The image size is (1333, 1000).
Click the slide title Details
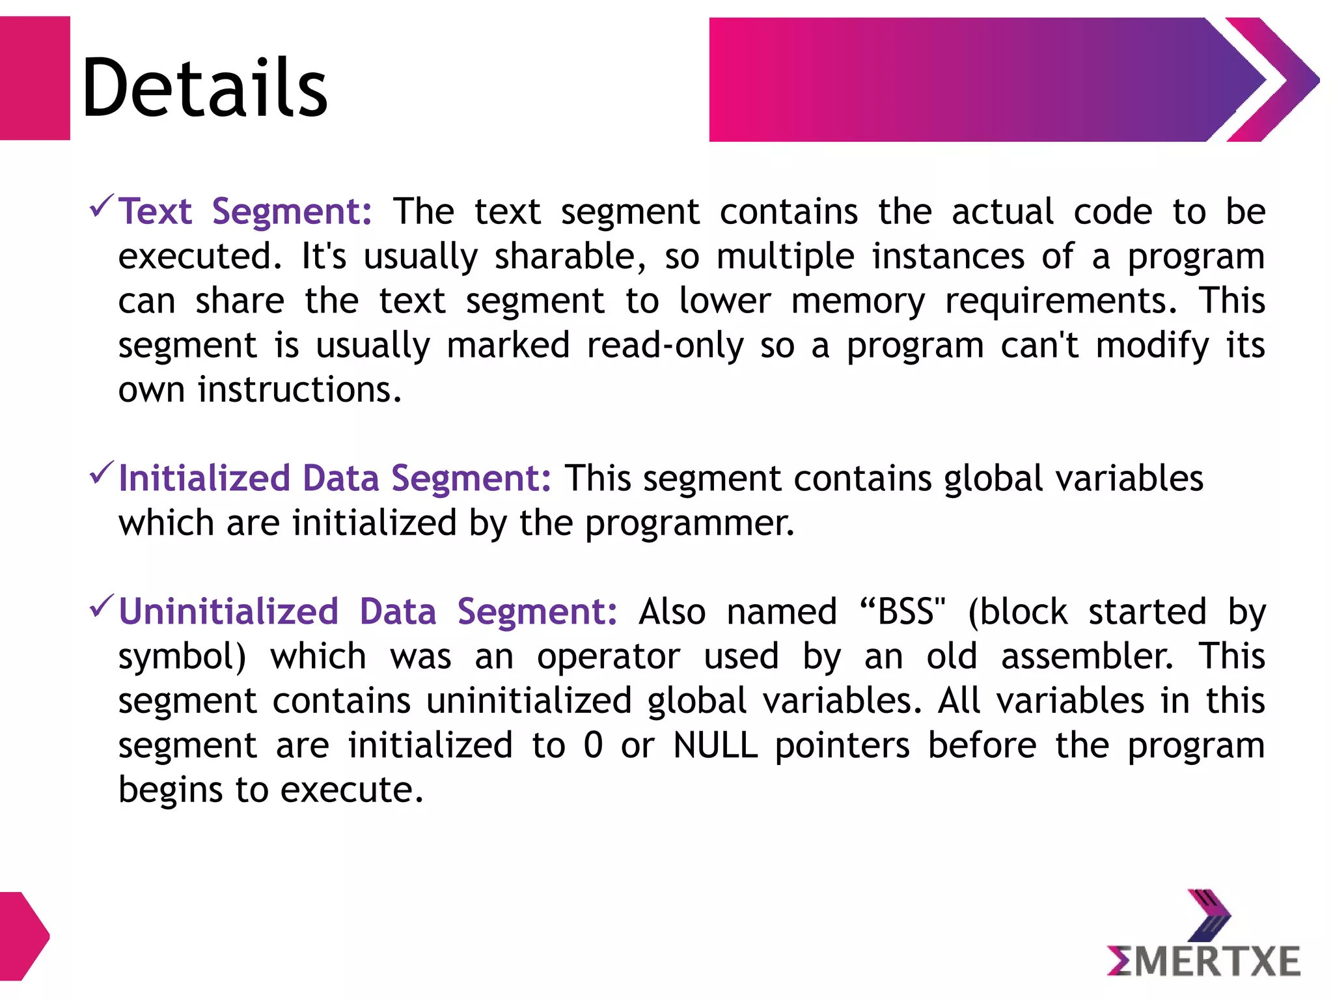coord(204,87)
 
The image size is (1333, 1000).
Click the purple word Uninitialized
coord(228,612)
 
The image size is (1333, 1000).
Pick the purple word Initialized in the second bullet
coord(204,479)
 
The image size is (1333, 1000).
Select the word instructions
coord(299,390)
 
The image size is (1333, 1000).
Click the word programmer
coord(690,523)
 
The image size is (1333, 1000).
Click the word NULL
coord(715,745)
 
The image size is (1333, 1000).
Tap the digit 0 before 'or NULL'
coord(593,745)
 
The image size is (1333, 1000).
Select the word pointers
coord(842,745)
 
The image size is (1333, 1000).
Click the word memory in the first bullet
coord(858,301)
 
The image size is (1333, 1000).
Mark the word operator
coord(609,656)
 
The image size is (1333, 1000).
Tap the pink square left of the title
coord(34,78)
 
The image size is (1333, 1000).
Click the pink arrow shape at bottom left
coord(23,936)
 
